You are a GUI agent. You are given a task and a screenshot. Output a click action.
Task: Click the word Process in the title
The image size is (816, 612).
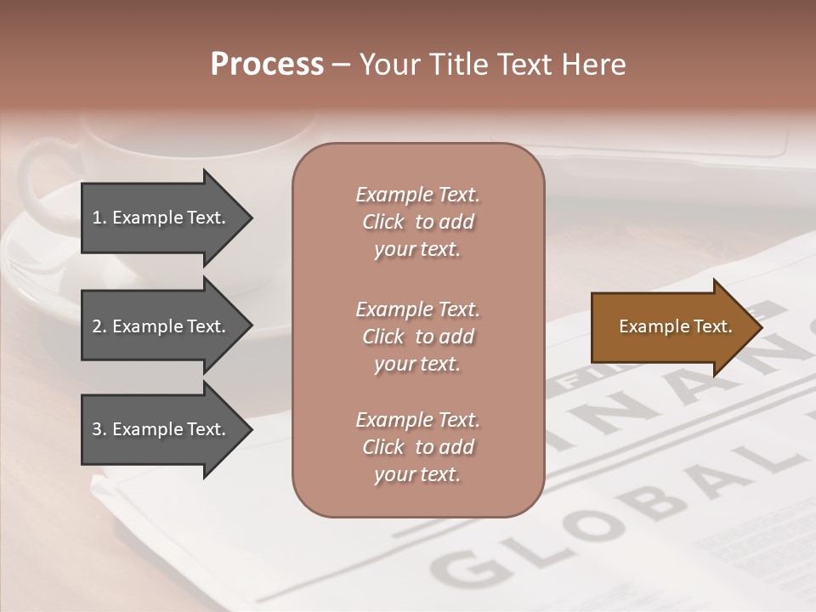[x=267, y=65]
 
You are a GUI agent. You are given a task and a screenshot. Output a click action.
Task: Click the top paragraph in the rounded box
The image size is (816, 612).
[x=417, y=222]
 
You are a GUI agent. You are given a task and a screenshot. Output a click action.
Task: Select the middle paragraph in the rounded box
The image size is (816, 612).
[x=417, y=337]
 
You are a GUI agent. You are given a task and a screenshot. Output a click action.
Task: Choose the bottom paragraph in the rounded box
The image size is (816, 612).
[x=417, y=447]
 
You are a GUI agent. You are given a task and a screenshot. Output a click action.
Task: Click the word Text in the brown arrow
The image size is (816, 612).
[x=713, y=326]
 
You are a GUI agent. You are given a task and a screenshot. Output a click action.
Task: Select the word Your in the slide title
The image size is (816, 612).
[x=388, y=65]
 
